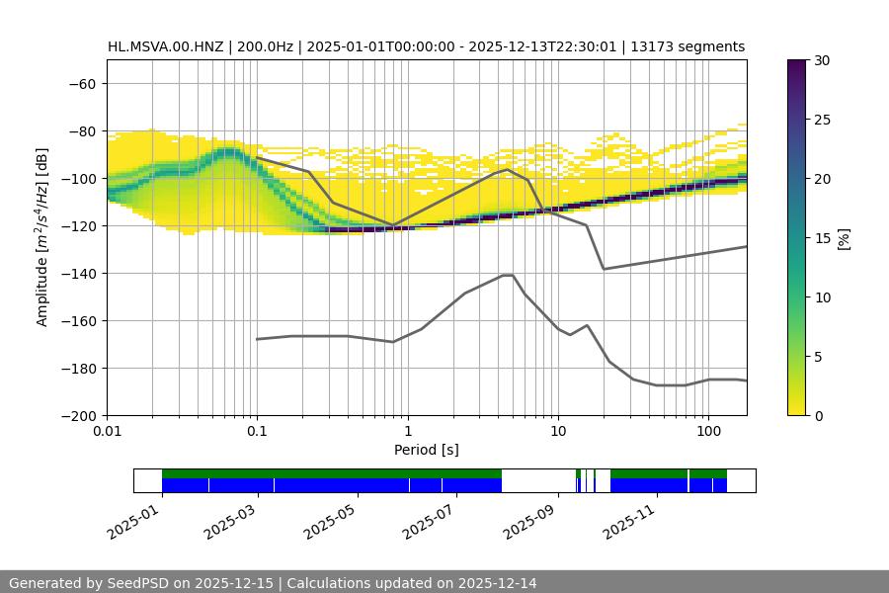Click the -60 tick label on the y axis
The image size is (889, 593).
(x=81, y=84)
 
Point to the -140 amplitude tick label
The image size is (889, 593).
(x=77, y=274)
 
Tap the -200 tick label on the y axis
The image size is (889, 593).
(x=77, y=416)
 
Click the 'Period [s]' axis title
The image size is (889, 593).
(x=427, y=451)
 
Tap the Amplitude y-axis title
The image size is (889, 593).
(x=42, y=237)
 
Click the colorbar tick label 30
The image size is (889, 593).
(x=822, y=61)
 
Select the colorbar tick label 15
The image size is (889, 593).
(x=822, y=238)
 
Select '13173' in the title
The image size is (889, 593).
(x=653, y=47)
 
